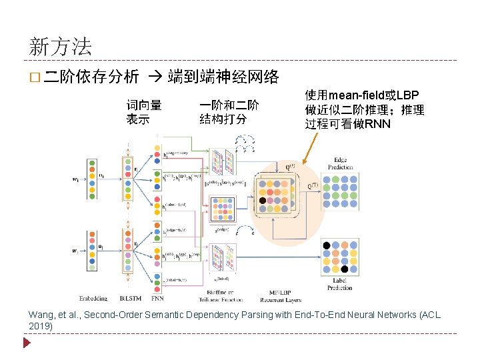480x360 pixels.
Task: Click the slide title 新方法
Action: tap(61, 47)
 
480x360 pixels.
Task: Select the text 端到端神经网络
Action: tap(223, 77)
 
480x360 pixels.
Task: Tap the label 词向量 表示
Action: tap(144, 112)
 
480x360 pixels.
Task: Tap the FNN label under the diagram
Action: tap(157, 298)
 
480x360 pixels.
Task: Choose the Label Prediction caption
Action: tap(340, 284)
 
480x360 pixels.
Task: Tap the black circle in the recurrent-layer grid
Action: tap(263, 200)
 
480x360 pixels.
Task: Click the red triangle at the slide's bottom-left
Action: tap(27, 343)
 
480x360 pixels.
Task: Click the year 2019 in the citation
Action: tap(40, 326)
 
